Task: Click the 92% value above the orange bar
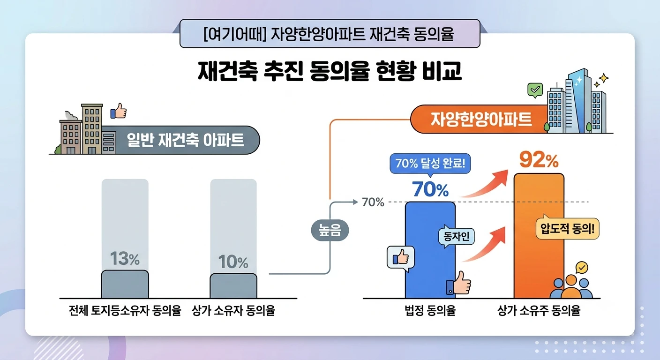(539, 160)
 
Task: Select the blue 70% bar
(430, 250)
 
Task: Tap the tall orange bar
(539, 236)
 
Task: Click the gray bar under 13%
(125, 284)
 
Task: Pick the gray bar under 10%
(233, 286)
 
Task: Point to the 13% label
(125, 258)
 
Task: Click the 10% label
(233, 262)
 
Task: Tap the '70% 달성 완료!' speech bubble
(430, 164)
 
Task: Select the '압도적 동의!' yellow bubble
(567, 228)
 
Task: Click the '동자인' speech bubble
(457, 236)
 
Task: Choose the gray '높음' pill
(330, 230)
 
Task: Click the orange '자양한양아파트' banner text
(481, 120)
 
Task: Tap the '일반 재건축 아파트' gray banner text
(185, 140)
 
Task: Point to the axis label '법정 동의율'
(430, 310)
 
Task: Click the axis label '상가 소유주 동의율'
(539, 310)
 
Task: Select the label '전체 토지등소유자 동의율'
(125, 310)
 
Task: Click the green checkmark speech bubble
(535, 90)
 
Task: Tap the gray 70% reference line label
(373, 202)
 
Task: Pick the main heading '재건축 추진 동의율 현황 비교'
(330, 71)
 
